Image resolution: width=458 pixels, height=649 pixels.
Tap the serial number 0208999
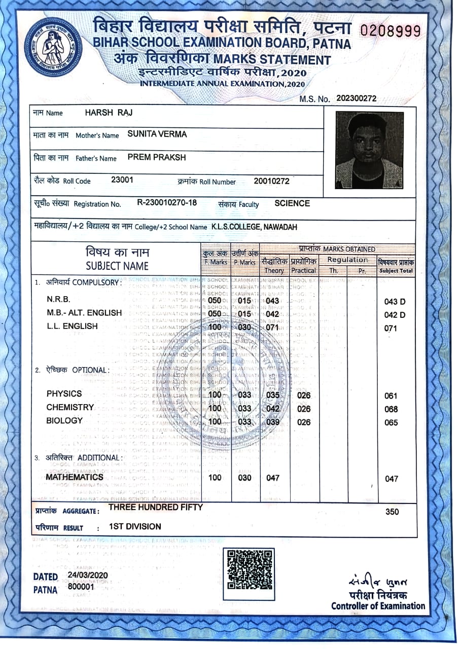(390, 31)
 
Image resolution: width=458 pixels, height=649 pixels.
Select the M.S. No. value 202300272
(356, 98)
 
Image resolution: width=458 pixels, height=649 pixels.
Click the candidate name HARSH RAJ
(109, 113)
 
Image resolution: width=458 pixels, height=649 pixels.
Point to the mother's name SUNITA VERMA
(157, 134)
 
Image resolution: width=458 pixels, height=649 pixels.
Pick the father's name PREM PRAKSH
(157, 157)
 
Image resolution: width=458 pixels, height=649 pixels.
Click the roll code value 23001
(122, 179)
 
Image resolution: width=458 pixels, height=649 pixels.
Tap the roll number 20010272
(271, 181)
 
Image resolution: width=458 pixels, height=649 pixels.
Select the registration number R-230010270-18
(167, 203)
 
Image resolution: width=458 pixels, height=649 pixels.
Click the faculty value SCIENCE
(292, 203)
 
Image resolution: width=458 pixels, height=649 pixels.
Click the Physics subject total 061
(391, 396)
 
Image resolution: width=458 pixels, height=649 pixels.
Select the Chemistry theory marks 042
(273, 409)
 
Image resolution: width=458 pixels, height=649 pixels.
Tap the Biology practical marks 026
(304, 422)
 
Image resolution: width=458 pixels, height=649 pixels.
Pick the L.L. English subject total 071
(391, 328)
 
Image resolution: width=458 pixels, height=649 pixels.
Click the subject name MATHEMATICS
(75, 477)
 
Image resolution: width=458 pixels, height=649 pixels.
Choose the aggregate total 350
(392, 512)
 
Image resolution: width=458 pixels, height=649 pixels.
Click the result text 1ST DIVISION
(135, 526)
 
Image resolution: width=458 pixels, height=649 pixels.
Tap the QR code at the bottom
(248, 569)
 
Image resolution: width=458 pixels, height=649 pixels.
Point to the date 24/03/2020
(88, 575)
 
